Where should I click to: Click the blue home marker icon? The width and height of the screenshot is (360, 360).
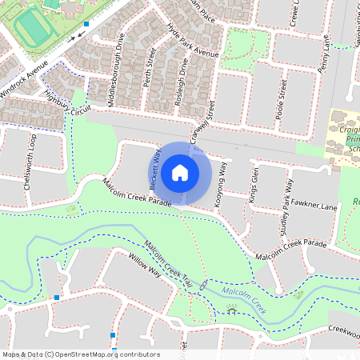[180, 173]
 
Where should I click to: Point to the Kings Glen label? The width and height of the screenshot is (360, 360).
[254, 186]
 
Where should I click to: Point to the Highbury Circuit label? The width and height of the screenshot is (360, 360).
[65, 103]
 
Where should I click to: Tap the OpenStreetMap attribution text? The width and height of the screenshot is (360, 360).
[81, 354]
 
